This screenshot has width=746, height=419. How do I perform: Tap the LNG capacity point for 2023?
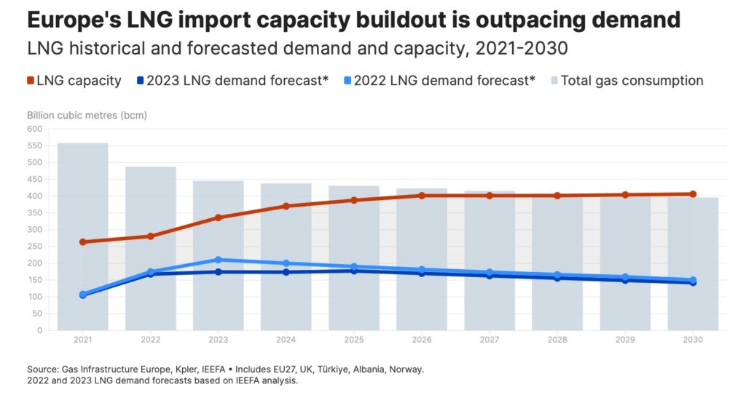coord(219,218)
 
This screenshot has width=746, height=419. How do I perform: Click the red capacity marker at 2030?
coord(693,194)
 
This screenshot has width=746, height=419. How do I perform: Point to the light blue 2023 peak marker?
coord(219,260)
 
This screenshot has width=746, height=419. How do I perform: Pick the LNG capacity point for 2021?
coord(83,242)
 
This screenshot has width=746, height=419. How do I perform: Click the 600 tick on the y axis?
coord(35,129)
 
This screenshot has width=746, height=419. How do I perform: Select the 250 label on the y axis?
coord(35,247)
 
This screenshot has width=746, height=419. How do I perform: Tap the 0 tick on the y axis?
coord(39,330)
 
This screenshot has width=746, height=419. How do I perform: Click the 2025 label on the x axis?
coord(354,340)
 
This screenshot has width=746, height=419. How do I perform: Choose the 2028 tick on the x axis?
coord(557,340)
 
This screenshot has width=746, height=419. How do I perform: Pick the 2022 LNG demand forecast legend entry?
coord(437,81)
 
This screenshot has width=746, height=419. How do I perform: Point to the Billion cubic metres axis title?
coord(87,115)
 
